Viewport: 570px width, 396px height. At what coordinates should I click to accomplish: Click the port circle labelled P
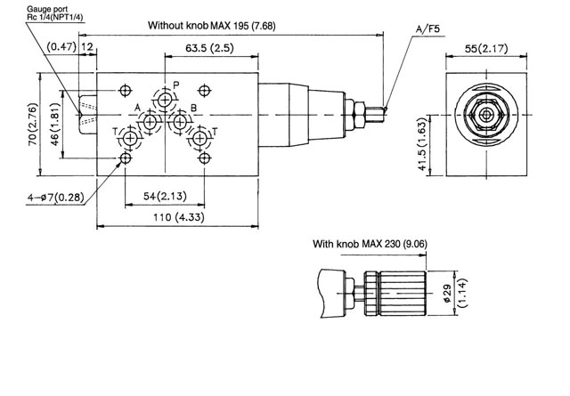pyautogui.click(x=164, y=97)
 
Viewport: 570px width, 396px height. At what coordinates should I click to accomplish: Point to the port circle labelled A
pyautogui.click(x=152, y=120)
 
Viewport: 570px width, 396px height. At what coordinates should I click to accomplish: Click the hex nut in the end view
pyautogui.click(x=486, y=115)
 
